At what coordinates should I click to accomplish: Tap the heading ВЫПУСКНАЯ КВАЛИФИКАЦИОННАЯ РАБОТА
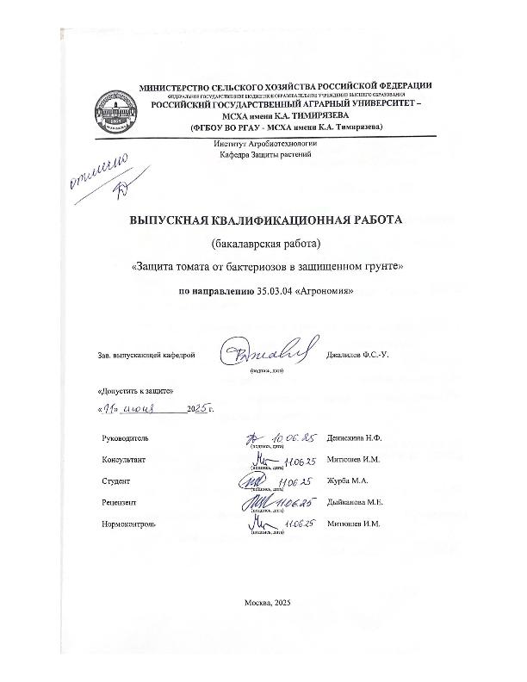tap(265, 220)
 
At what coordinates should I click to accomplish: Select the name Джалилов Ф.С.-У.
tap(358, 355)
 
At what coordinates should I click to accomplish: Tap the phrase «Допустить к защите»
tap(130, 391)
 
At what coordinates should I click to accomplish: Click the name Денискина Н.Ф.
tap(354, 438)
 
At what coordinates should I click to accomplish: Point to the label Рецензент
tap(120, 502)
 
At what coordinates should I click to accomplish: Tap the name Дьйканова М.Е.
tap(355, 502)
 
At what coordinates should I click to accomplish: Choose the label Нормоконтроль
tap(129, 524)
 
